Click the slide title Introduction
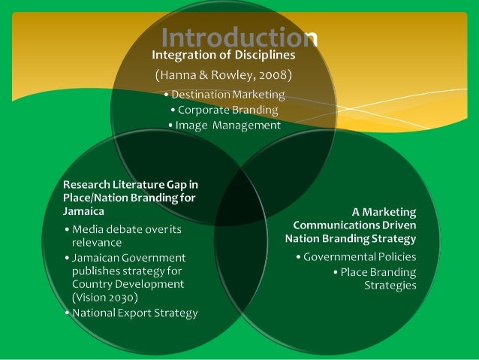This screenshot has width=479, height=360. (239, 37)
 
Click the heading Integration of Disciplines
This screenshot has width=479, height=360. (224, 55)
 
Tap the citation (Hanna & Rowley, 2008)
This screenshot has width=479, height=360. (223, 76)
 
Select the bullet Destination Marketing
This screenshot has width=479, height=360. (225, 95)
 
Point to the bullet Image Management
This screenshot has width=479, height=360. (225, 125)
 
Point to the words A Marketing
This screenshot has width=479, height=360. (384, 212)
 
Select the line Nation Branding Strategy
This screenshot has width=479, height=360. (351, 238)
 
